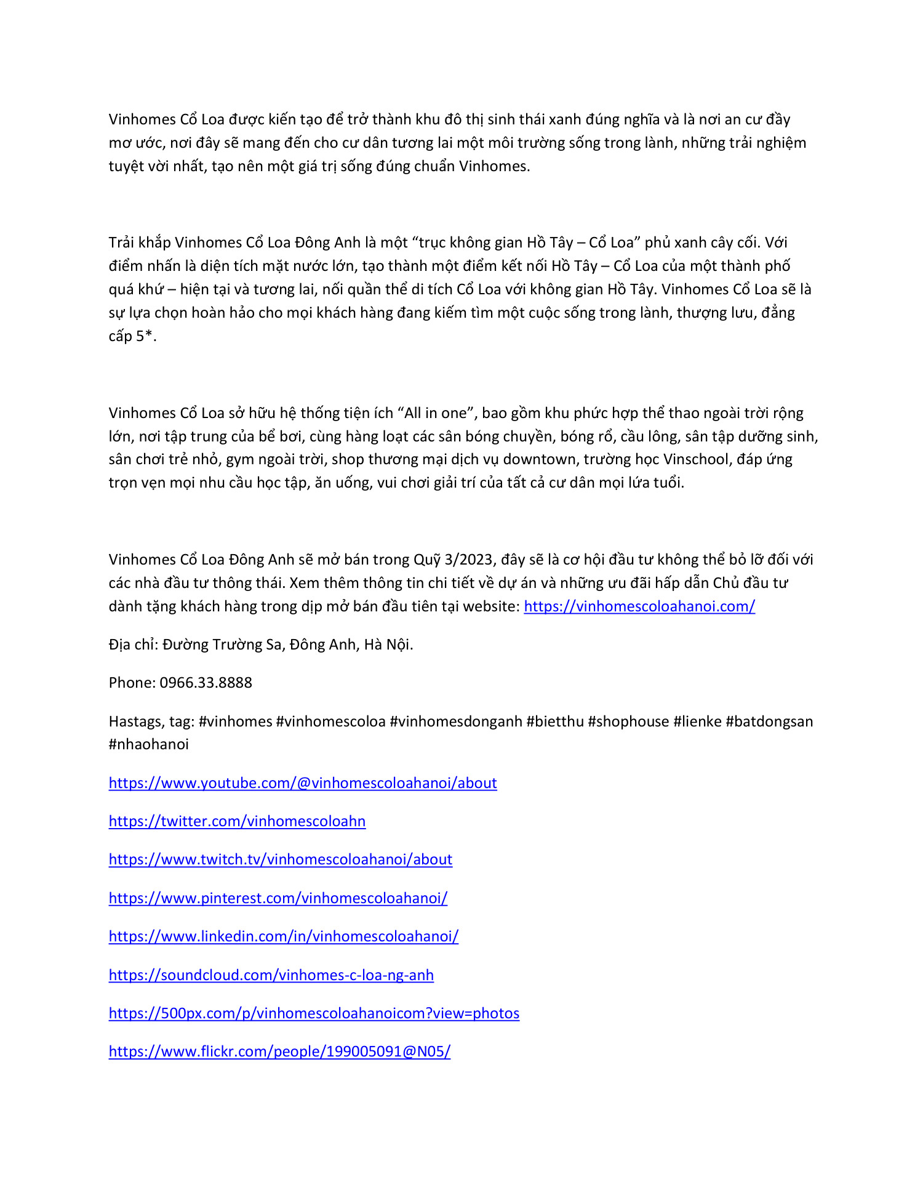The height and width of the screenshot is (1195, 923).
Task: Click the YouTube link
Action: [303, 783]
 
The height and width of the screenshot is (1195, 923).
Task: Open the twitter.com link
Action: [237, 821]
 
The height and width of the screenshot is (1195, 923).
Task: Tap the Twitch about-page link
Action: [281, 859]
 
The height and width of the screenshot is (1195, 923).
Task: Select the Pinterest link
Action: [278, 898]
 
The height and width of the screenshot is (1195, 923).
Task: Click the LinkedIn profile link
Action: [284, 936]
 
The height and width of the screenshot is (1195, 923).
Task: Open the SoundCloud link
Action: [271, 975]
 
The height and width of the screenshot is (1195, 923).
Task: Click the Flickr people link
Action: [279, 1052]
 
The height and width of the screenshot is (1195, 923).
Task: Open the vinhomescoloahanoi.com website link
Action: [639, 606]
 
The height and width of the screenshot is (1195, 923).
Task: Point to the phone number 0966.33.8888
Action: [206, 683]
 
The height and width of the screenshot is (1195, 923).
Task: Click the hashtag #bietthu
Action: [555, 722]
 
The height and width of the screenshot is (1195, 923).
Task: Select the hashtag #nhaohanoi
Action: [149, 744]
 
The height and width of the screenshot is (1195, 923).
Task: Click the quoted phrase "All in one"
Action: [436, 413]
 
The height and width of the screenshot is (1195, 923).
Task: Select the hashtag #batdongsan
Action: [769, 722]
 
